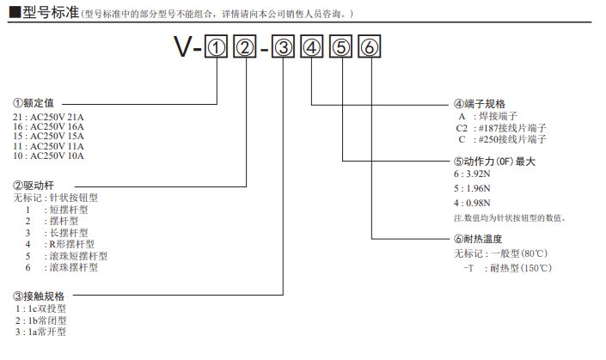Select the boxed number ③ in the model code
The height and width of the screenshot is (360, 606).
[x=285, y=49]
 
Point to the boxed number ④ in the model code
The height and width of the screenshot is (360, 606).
[x=313, y=49]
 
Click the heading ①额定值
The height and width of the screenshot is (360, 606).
[x=34, y=102]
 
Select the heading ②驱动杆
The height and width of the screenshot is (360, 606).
[x=34, y=185]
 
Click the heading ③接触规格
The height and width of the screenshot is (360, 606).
[x=39, y=296]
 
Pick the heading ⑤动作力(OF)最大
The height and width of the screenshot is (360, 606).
[x=494, y=162]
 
